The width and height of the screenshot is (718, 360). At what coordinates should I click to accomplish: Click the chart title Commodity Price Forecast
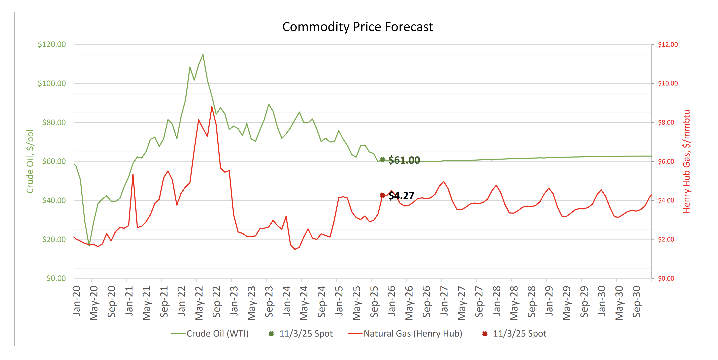pyautogui.click(x=357, y=27)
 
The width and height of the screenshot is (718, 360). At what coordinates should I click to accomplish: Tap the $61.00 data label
pyautogui.click(x=404, y=160)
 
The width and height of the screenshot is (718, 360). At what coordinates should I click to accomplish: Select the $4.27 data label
pyautogui.click(x=401, y=195)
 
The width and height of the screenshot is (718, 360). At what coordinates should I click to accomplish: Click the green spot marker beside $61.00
pyautogui.click(x=382, y=160)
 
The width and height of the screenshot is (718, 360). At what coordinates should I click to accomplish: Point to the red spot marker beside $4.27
pyautogui.click(x=382, y=195)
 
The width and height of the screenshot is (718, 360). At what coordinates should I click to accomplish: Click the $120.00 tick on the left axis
pyautogui.click(x=52, y=44)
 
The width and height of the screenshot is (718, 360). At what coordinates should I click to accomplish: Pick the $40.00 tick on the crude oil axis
pyautogui.click(x=54, y=200)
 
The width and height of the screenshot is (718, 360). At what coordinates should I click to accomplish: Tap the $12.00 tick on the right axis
pyautogui.click(x=668, y=44)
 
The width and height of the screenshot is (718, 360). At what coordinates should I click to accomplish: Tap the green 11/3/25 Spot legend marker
pyautogui.click(x=271, y=334)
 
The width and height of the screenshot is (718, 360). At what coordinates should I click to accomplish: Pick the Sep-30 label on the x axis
pyautogui.click(x=637, y=302)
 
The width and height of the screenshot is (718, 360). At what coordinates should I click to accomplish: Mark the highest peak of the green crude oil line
pyautogui.click(x=203, y=55)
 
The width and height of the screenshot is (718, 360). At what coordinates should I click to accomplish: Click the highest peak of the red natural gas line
pyautogui.click(x=212, y=107)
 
